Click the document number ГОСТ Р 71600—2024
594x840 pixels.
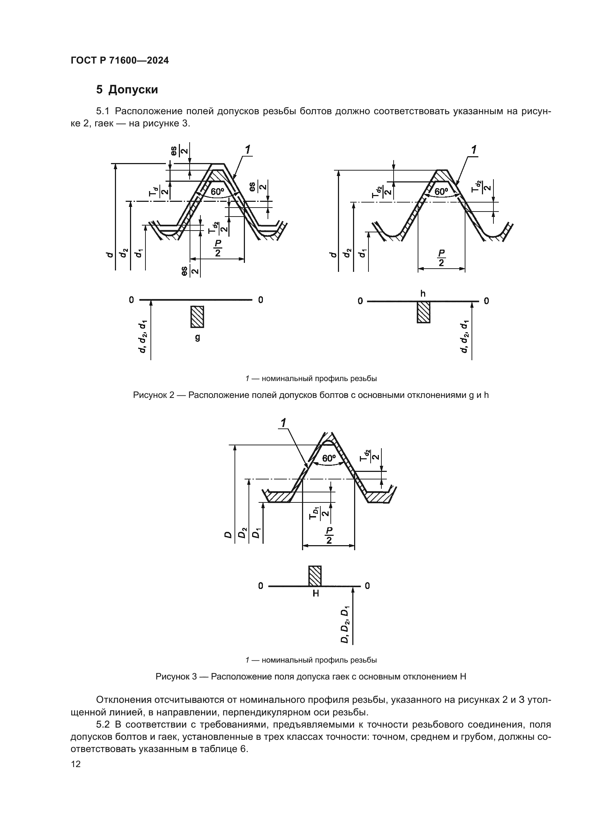[x=120, y=61]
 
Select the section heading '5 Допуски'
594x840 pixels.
[x=127, y=90]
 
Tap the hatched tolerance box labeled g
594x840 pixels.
[x=197, y=317]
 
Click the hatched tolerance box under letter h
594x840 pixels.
[x=423, y=312]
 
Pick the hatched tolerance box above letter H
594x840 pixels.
[x=315, y=576]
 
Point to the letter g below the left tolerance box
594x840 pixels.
[x=198, y=337]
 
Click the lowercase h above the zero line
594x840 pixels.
[x=423, y=293]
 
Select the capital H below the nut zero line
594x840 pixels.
[x=316, y=593]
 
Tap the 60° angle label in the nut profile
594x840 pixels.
[x=329, y=458]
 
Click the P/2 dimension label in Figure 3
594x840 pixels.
[x=329, y=535]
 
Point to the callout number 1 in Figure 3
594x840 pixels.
[x=283, y=423]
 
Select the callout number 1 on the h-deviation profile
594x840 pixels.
[x=474, y=150]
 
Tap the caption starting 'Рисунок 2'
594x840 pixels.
[x=311, y=395]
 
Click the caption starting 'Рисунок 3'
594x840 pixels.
[x=311, y=677]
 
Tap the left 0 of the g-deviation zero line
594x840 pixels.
[x=131, y=300]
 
